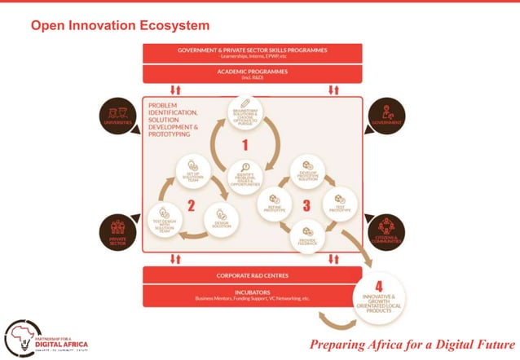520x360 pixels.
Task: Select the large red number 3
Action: pyautogui.click(x=306, y=205)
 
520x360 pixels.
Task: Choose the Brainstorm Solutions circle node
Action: pyautogui.click(x=245, y=116)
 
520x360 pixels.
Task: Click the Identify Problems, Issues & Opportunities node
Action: pyautogui.click(x=244, y=177)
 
